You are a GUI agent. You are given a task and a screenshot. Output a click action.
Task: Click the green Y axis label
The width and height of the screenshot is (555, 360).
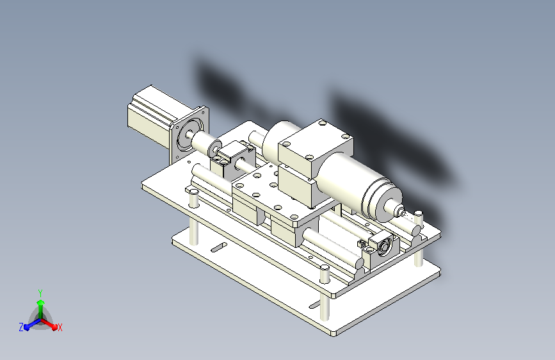40,293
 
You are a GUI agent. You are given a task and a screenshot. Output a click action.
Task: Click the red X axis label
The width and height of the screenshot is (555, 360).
60,328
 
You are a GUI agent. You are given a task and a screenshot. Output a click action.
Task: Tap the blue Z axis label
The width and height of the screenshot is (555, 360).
21,327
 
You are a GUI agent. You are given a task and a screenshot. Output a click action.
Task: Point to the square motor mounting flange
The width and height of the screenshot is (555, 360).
189,134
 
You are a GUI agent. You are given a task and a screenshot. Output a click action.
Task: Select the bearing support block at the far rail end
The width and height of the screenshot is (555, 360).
382,248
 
